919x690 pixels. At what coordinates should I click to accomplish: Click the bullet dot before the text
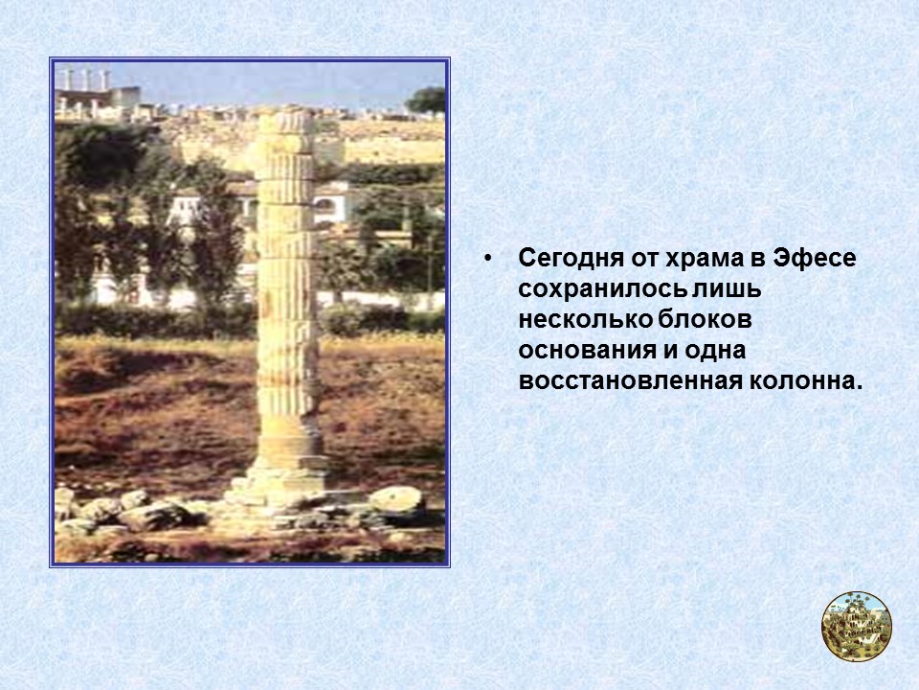(489, 260)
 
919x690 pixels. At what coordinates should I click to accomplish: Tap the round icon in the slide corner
(857, 626)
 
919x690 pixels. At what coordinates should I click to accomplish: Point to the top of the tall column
(285, 119)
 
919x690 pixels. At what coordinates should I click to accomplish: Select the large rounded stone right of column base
(396, 499)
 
